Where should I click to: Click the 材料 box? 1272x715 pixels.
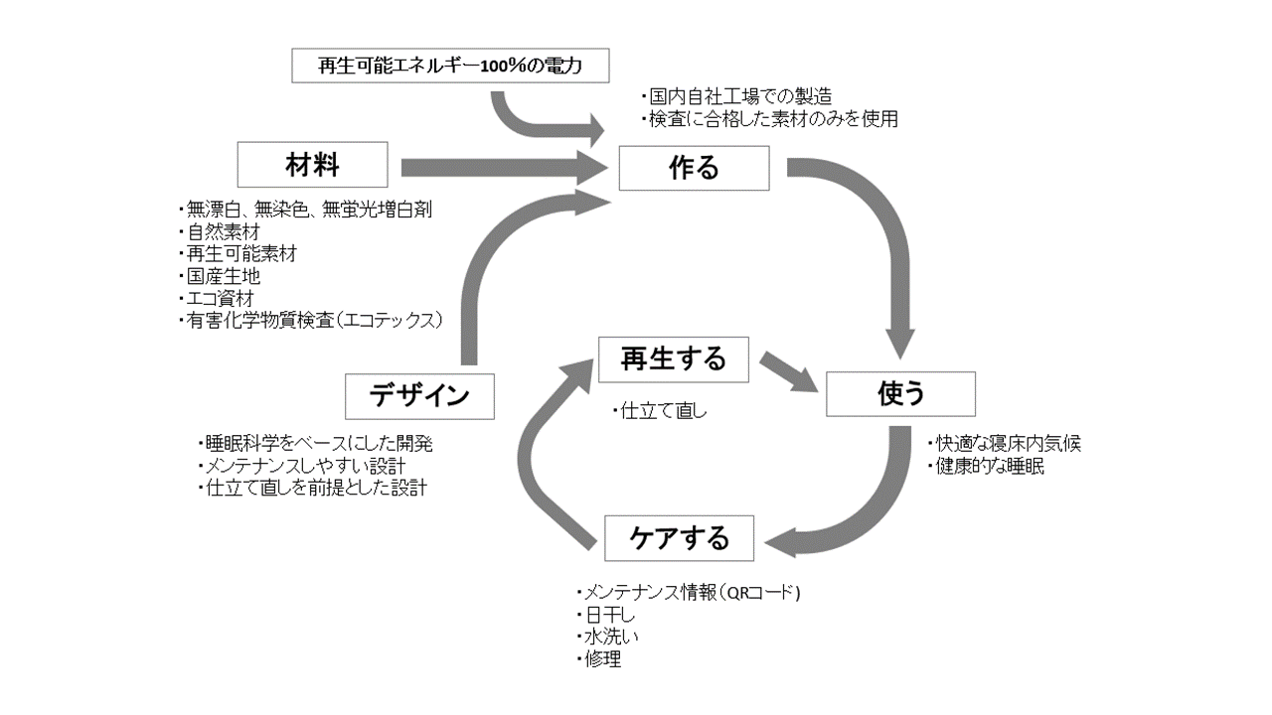313,165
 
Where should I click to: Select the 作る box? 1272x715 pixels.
694,168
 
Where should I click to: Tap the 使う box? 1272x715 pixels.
901,394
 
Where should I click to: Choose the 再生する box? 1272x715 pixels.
673,359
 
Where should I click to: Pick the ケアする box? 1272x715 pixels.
680,538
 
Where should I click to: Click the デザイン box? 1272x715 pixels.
419,395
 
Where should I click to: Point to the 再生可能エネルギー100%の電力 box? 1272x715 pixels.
449,67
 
